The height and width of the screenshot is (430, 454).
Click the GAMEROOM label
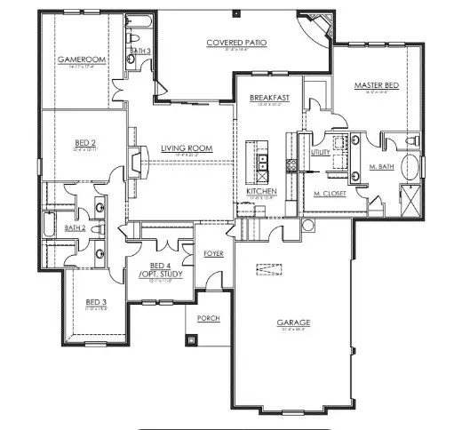point(76,60)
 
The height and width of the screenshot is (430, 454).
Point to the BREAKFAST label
point(267,99)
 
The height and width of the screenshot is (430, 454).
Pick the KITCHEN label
point(262,192)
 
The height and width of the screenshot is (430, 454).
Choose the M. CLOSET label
point(329,192)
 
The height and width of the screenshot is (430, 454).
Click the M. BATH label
point(381,167)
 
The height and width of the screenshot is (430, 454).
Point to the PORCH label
point(208,318)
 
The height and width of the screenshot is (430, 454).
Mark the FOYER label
point(214,253)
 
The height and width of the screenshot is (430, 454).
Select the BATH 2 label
point(75,227)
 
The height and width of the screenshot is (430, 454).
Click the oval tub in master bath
point(411,167)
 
